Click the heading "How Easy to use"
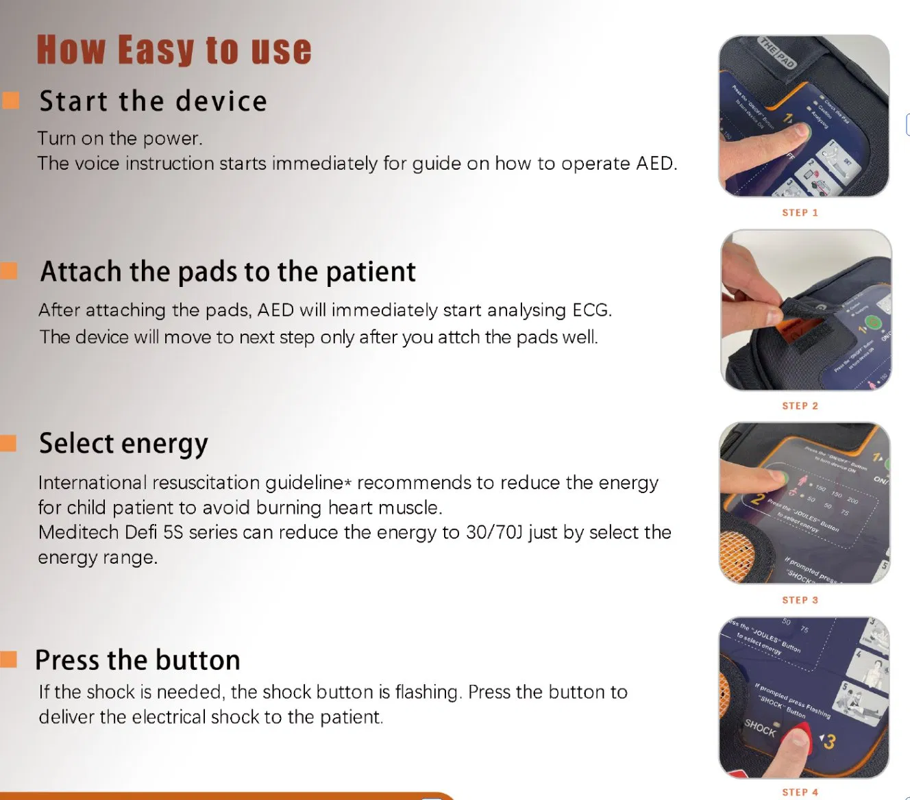coord(174,51)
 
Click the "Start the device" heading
coord(153,101)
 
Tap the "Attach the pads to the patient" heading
coord(227,272)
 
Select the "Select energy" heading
coord(123,444)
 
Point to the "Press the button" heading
coord(138,660)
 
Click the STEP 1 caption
coord(800,213)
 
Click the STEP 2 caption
coord(800,406)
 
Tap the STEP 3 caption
coord(800,600)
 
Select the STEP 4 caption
coord(800,792)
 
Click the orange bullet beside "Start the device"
coord(10,100)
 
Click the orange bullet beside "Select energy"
coord(8,443)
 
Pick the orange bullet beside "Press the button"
coord(8,660)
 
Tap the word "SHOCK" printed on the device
coord(760,727)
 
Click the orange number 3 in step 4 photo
coord(830,742)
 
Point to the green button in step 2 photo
coord(872,322)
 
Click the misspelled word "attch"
coord(459,337)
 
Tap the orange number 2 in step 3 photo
coord(757,499)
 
